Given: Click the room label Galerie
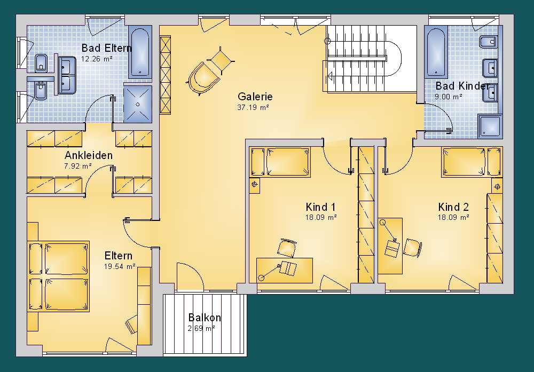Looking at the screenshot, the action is [x=255, y=97].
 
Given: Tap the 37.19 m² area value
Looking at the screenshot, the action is [x=253, y=108].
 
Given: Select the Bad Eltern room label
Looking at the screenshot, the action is [x=106, y=48].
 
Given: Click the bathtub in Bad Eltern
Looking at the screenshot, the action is [x=140, y=52].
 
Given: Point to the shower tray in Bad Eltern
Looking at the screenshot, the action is [x=138, y=104].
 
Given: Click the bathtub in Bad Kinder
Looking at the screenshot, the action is [x=436, y=52].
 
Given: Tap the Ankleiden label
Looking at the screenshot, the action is [x=89, y=155].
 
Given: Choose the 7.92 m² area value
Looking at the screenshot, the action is [x=77, y=166].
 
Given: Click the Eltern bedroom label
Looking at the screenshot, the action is [x=118, y=256].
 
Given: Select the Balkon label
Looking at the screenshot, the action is [x=205, y=318].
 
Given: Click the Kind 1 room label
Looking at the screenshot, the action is [x=320, y=207].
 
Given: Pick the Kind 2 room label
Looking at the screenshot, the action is [x=453, y=207].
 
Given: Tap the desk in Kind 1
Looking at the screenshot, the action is [x=285, y=270].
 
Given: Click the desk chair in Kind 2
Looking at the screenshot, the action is [x=412, y=248].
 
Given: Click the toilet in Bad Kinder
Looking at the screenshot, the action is [x=489, y=42].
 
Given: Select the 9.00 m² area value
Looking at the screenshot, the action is [x=448, y=97].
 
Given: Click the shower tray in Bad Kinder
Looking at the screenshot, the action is [x=490, y=126].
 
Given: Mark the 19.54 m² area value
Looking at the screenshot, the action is [x=120, y=266].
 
